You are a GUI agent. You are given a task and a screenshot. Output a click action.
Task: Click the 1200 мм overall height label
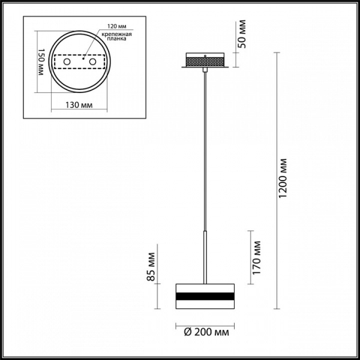point(283,178)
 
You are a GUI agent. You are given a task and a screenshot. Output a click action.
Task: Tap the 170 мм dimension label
point(256,257)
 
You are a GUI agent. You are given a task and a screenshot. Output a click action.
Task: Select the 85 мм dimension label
point(151,267)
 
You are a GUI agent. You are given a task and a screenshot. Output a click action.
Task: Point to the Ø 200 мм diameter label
point(206,332)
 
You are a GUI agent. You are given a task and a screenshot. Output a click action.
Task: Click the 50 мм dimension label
point(242,34)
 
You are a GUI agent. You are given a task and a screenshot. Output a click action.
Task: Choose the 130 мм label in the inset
point(79,105)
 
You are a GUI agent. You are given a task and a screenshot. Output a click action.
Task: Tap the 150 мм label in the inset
point(41,62)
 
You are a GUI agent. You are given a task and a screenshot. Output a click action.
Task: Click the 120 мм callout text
point(117,26)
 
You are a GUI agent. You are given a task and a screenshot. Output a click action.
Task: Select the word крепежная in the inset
point(117,34)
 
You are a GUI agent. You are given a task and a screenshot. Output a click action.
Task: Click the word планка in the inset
point(117,39)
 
